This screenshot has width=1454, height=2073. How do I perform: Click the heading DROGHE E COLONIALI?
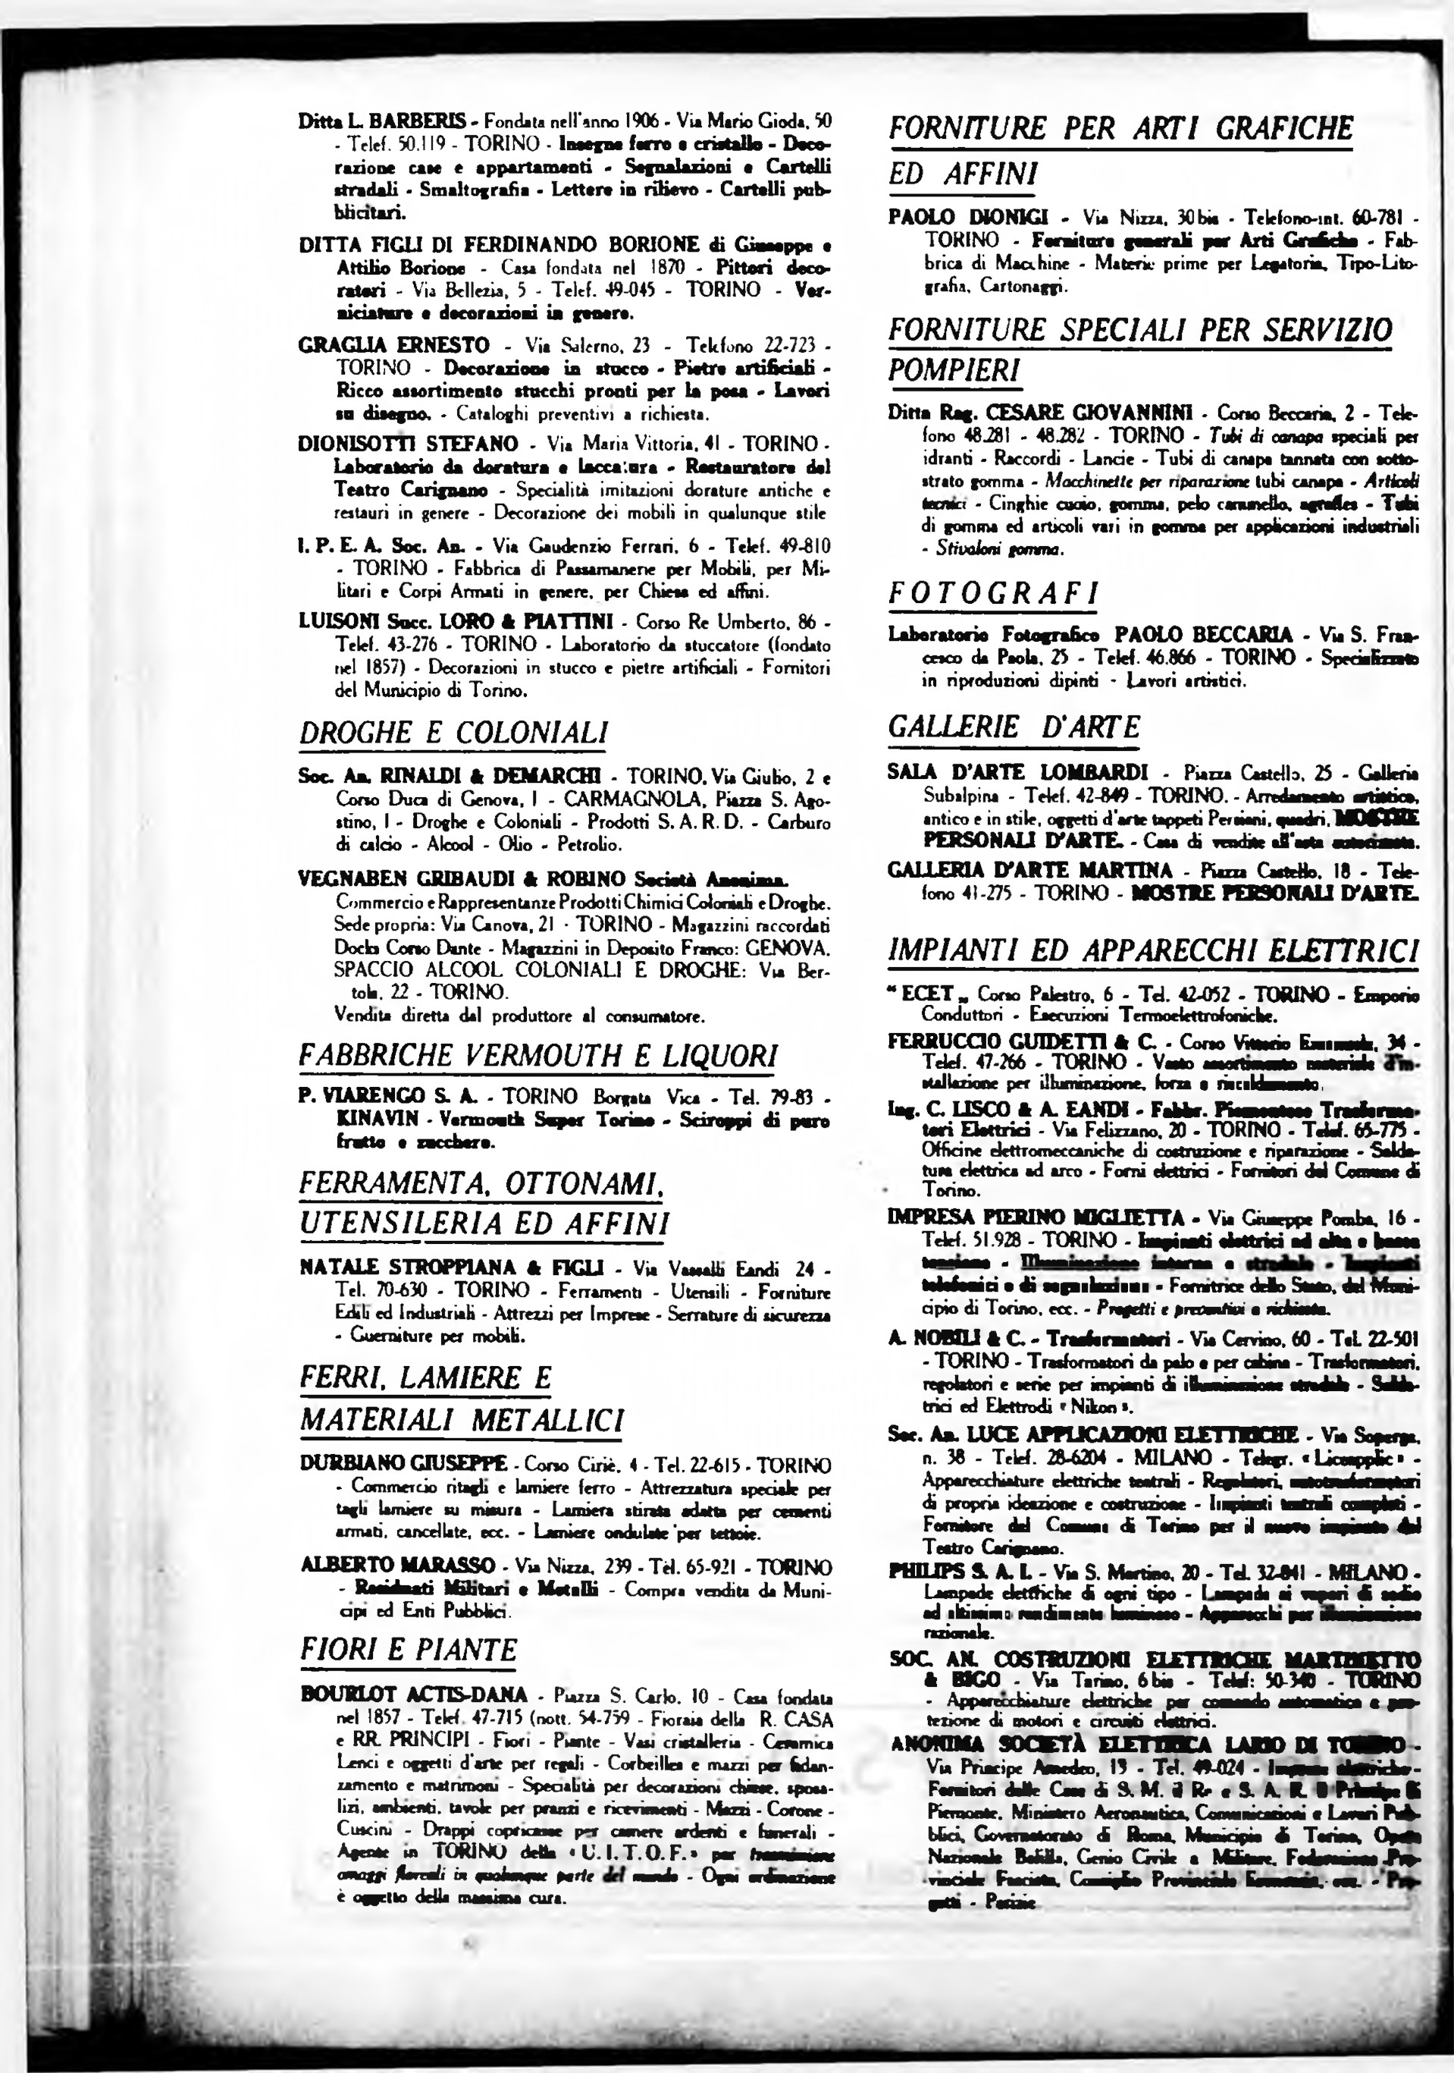click(453, 732)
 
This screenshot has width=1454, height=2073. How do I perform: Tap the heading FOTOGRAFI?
click(994, 594)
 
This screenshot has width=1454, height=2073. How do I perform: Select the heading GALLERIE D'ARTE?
click(1014, 727)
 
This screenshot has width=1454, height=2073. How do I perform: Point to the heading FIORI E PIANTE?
click(409, 1650)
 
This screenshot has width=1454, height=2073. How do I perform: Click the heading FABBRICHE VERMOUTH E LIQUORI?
click(538, 1054)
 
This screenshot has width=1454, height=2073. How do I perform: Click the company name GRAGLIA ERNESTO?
click(394, 345)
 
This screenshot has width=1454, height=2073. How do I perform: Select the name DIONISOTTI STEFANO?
click(408, 444)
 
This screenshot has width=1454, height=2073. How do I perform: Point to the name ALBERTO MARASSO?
click(397, 1565)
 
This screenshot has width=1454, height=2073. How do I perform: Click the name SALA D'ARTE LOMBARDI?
click(1018, 773)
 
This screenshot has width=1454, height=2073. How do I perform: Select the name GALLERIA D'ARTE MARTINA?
click(1029, 870)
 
